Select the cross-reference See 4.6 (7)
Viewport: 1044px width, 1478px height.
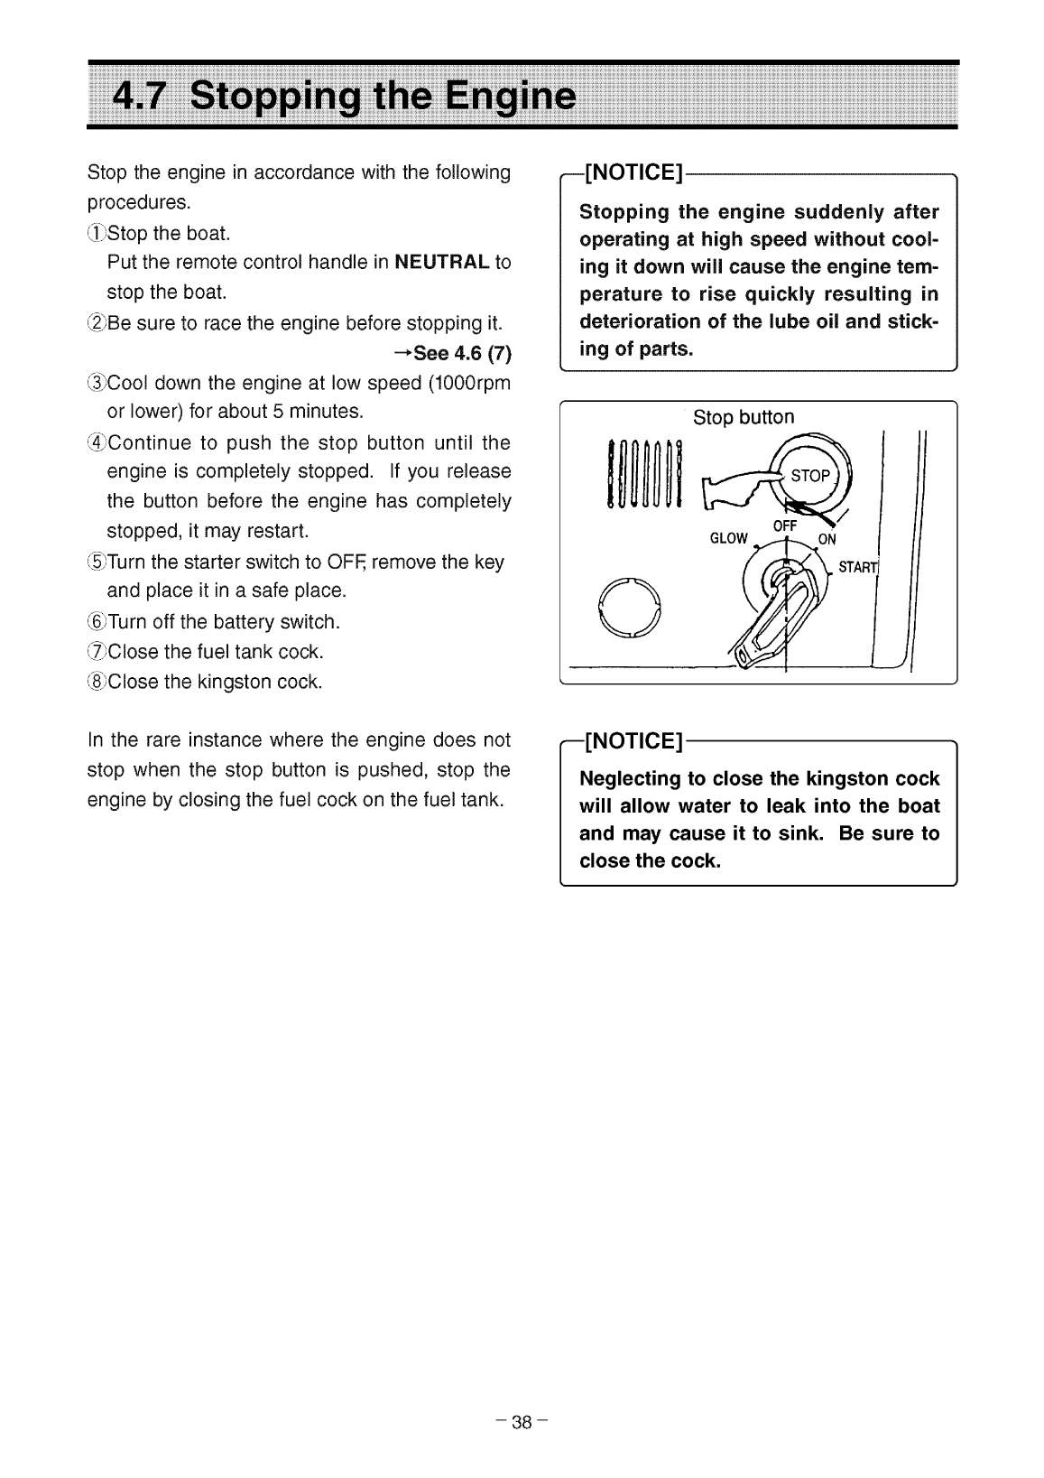454,352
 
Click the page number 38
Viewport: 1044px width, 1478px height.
522,1423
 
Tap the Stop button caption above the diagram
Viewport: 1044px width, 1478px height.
744,417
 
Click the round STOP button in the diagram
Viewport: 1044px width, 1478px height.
808,476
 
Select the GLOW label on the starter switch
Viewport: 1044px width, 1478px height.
729,539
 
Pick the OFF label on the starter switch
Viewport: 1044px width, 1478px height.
785,527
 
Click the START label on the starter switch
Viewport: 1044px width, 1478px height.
857,568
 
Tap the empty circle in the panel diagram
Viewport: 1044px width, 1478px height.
630,608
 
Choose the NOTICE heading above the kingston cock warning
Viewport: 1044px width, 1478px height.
634,742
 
